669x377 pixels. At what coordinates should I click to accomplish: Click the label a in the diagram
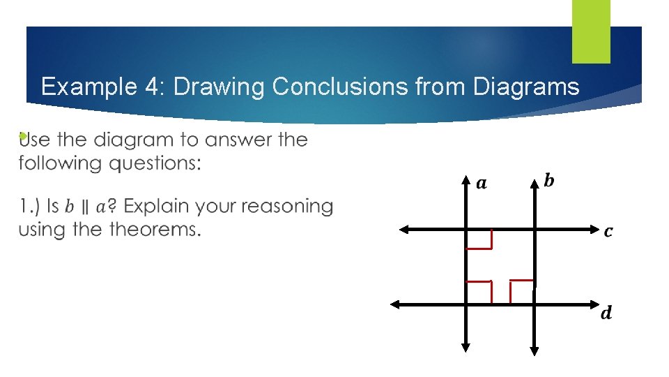pyautogui.click(x=482, y=184)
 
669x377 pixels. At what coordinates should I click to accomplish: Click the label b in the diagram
pyautogui.click(x=549, y=182)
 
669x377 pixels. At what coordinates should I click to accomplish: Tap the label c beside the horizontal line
pyautogui.click(x=608, y=231)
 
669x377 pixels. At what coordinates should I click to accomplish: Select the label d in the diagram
pyautogui.click(x=606, y=313)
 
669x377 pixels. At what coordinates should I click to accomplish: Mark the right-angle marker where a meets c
pyautogui.click(x=480, y=239)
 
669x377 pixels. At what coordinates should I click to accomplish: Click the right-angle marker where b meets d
pyautogui.click(x=522, y=292)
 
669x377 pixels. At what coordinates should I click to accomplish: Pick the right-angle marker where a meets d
pyautogui.click(x=479, y=292)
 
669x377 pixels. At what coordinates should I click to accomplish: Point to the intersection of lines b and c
pyautogui.click(x=535, y=228)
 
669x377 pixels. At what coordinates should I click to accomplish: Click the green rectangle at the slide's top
pyautogui.click(x=591, y=31)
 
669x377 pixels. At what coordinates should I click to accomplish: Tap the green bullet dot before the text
pyautogui.click(x=23, y=136)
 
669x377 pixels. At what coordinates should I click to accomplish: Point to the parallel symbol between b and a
pyautogui.click(x=84, y=207)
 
